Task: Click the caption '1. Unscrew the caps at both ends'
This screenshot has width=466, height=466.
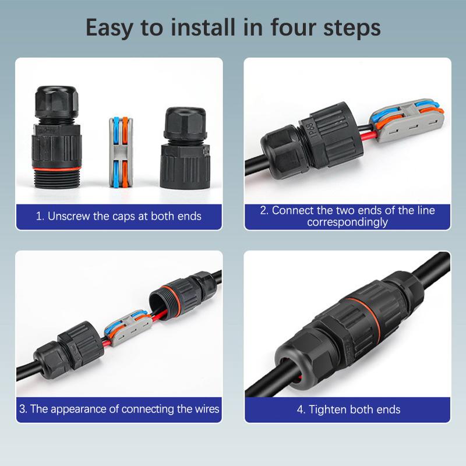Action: point(119,216)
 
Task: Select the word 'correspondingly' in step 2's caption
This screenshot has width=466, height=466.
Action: point(347,222)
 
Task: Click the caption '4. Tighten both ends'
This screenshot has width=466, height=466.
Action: point(348,409)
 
